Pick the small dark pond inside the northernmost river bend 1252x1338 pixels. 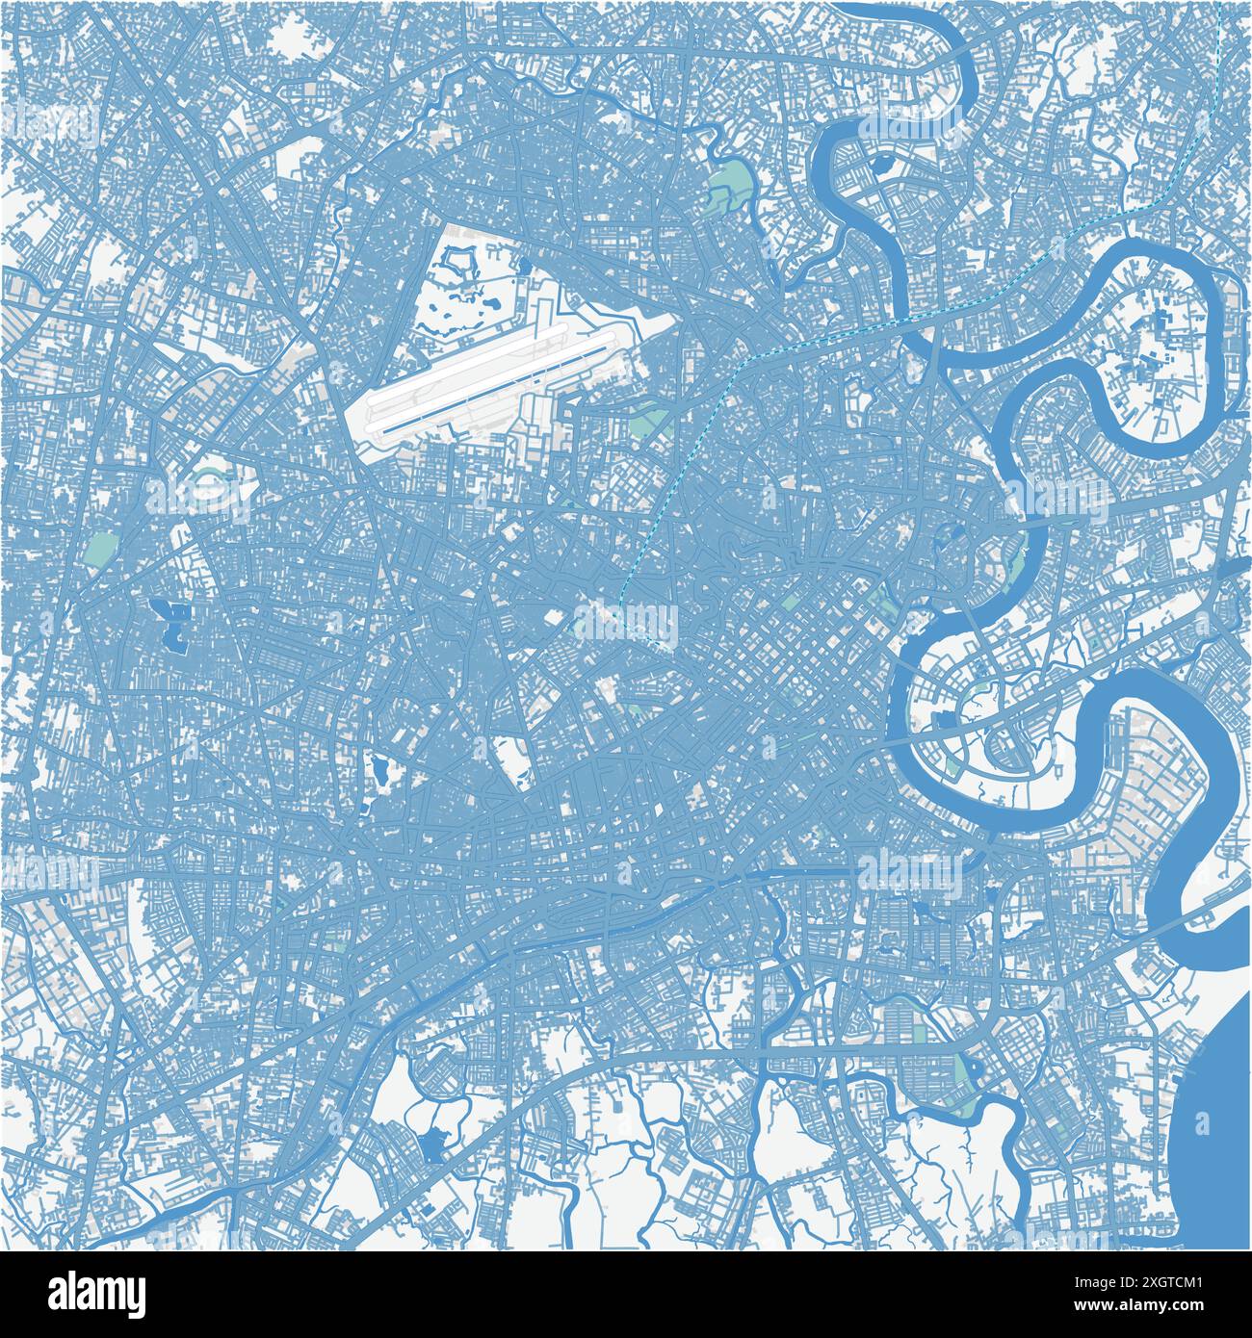click(x=882, y=165)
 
